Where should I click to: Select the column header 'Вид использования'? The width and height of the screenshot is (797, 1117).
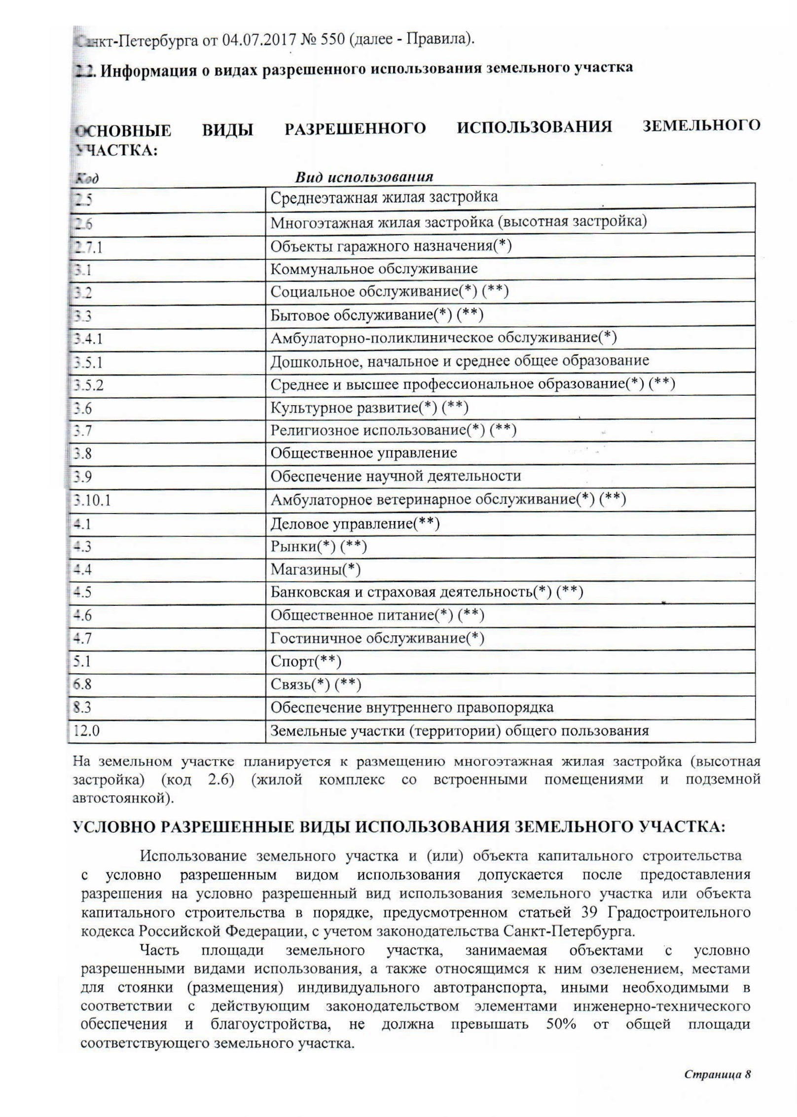click(364, 177)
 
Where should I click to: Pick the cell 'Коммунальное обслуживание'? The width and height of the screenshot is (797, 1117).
click(374, 269)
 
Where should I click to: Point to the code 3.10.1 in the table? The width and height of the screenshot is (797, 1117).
click(92, 500)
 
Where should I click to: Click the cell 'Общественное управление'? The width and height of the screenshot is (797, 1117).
click(364, 453)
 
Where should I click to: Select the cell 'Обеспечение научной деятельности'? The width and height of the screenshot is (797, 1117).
click(396, 476)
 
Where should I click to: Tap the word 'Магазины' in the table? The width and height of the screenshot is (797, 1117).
click(306, 570)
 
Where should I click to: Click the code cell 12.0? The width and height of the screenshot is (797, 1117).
click(86, 731)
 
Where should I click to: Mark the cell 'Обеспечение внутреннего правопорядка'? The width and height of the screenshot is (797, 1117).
click(412, 708)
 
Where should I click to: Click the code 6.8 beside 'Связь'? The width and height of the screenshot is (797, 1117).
click(82, 684)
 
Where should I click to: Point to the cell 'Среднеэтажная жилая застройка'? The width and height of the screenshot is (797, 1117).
click(384, 197)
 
